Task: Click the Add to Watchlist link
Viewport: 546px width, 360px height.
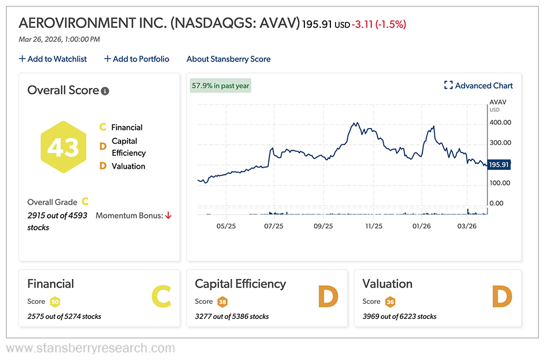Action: pos(53,59)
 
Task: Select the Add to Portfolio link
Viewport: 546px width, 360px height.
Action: pos(137,59)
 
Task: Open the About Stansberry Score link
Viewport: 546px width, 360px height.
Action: pos(228,59)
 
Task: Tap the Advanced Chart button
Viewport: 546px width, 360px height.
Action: pos(478,86)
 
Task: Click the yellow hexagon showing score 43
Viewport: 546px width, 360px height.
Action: pos(63,147)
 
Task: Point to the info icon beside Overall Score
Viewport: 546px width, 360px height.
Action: pos(105,91)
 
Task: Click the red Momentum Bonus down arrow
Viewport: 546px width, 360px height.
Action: pos(168,216)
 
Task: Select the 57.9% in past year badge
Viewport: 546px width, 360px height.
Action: pos(220,86)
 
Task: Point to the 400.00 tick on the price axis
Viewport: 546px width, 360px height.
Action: pos(500,122)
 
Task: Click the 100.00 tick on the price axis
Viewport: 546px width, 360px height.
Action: pos(500,183)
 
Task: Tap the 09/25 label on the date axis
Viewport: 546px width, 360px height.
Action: pos(323,226)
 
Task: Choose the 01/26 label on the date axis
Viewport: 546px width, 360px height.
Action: pos(421,226)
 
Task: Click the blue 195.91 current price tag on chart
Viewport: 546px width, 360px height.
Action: pos(498,165)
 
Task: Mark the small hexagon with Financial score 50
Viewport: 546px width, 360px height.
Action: pos(54,301)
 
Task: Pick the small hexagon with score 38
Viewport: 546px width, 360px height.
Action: pos(222,301)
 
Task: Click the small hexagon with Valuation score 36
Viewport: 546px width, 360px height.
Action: pos(390,301)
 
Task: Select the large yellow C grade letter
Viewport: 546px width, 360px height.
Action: pos(161,297)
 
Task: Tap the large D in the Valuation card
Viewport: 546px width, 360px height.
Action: pos(502,297)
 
